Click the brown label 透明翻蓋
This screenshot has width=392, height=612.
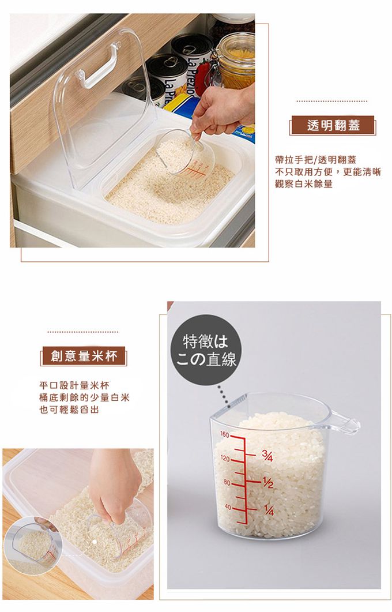pos(333,126)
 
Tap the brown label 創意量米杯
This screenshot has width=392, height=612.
pos(84,356)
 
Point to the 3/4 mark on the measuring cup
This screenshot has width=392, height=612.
pos(267,456)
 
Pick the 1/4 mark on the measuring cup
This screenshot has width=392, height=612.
pos(267,510)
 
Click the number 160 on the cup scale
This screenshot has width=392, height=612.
pos(225,434)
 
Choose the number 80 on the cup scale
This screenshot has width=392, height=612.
pos(226,482)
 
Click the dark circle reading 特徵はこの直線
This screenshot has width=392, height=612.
pos(206,350)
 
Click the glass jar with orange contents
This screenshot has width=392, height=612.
pos(235,60)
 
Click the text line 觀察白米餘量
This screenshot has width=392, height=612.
pos(304,185)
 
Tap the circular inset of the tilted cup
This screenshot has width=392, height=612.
pos(33,546)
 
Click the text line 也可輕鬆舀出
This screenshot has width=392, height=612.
pos(69,410)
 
